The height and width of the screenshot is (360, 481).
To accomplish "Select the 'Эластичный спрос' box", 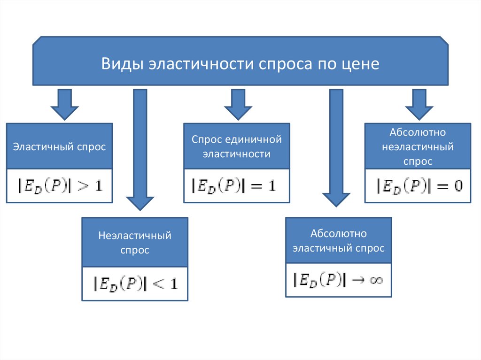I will (60, 146).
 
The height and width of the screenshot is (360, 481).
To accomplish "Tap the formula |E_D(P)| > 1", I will (60, 185).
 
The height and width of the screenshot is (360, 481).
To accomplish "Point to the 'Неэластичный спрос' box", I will (135, 243).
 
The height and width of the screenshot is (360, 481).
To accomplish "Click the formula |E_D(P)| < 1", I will (135, 283).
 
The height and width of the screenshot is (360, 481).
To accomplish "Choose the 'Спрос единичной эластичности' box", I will (236, 146).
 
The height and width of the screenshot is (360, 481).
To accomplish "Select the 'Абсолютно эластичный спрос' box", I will (338, 241).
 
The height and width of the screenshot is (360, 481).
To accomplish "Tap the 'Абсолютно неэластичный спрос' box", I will (418, 146).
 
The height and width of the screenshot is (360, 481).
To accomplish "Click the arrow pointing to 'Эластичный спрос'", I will (64, 104).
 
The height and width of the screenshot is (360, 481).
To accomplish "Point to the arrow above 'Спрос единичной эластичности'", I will (238, 104).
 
